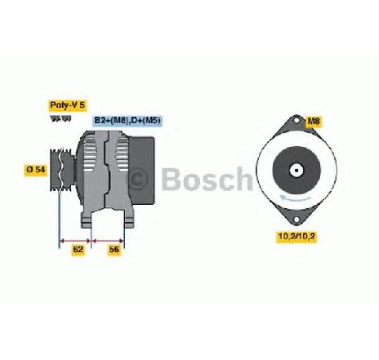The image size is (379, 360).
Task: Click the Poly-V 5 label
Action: [x=68, y=105]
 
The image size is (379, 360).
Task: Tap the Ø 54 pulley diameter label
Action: [x=36, y=169]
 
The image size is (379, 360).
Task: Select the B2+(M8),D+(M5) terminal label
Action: [x=127, y=120]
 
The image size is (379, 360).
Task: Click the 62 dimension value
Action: [x=78, y=249]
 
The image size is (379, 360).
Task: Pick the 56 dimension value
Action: [x=114, y=249]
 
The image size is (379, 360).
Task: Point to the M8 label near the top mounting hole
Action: [x=314, y=121]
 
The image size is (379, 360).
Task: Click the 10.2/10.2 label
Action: [x=297, y=236]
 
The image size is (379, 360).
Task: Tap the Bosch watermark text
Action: [x=207, y=179]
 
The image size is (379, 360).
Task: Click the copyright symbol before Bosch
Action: [x=139, y=178]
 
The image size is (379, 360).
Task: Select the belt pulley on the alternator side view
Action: [x=62, y=170]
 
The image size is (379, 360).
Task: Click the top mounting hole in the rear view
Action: [x=297, y=120]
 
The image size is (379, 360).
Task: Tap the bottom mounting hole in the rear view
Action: [x=296, y=220]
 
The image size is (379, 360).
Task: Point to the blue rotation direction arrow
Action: [x=296, y=198]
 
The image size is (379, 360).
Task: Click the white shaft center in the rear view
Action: [x=296, y=171]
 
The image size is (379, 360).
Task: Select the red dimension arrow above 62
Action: [x=75, y=241]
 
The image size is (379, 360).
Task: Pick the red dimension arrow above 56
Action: [x=108, y=241]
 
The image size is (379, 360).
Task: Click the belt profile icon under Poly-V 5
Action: [x=60, y=118]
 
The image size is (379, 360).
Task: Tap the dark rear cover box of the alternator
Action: [x=141, y=170]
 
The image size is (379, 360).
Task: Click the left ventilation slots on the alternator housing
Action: [x=90, y=153]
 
